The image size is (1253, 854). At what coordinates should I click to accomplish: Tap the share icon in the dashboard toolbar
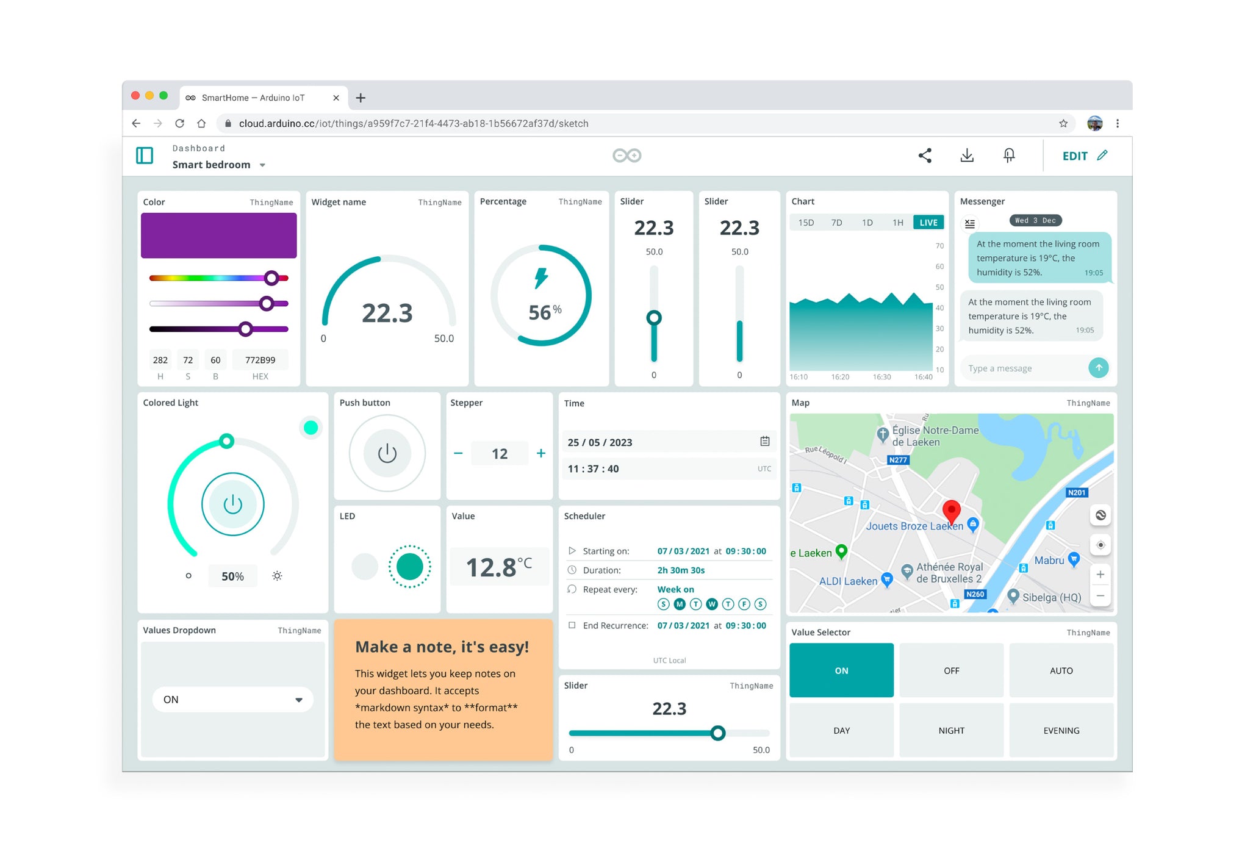click(925, 156)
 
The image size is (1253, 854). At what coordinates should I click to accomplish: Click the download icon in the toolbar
click(967, 156)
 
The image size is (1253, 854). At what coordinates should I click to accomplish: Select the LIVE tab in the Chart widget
click(928, 223)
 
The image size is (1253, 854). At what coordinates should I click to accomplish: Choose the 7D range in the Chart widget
click(836, 223)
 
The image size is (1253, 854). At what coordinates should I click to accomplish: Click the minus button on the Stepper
click(458, 453)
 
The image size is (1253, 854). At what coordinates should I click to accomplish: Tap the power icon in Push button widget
click(387, 453)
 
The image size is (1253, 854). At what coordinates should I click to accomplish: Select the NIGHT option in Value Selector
click(951, 730)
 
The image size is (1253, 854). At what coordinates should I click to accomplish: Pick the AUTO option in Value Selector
click(1061, 670)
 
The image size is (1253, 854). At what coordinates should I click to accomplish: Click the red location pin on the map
click(951, 510)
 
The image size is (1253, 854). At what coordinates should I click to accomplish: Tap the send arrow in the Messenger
click(1098, 368)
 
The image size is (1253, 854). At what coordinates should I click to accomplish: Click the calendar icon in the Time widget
click(764, 441)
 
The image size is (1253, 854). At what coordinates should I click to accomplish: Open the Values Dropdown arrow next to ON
click(299, 700)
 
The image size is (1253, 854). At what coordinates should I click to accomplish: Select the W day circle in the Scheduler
click(712, 604)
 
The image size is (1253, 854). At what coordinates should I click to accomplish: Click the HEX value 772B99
click(260, 360)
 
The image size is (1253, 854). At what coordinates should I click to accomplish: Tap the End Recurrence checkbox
click(572, 625)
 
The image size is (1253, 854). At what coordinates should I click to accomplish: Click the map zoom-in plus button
click(1100, 574)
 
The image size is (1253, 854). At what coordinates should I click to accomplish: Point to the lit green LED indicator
click(409, 567)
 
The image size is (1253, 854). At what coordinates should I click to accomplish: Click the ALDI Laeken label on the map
click(848, 581)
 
